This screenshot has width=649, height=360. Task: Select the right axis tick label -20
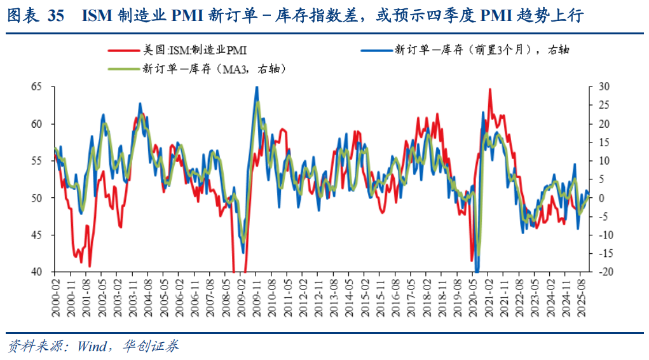click(603, 272)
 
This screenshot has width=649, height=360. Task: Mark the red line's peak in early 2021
click(489, 90)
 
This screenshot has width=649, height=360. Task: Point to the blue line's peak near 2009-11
click(257, 87)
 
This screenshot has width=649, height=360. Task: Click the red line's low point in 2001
click(90, 266)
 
